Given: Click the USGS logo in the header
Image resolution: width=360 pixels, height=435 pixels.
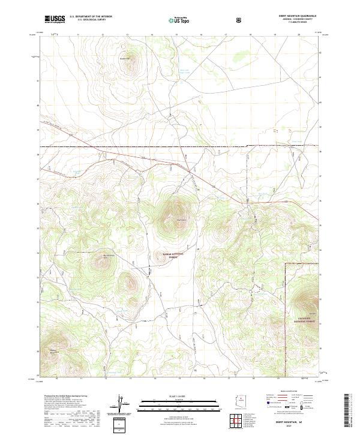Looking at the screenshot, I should point(56,19).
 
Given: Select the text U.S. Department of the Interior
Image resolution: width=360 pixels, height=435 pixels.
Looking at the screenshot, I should point(91,17).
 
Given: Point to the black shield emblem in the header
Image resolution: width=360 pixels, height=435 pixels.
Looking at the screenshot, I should point(239,19).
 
